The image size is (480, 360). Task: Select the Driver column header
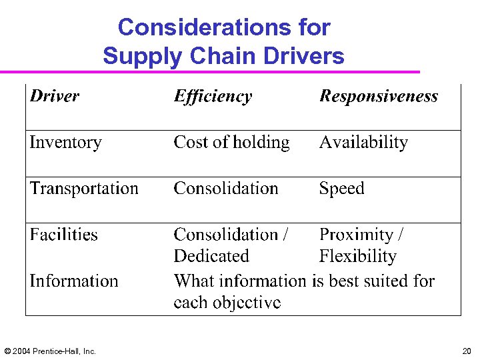click(55, 96)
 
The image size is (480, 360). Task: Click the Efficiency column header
click(213, 97)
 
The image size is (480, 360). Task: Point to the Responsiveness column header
click(379, 96)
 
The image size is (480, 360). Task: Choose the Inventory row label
click(65, 142)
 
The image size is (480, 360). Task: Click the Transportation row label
click(84, 189)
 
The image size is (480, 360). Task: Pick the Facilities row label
click(63, 235)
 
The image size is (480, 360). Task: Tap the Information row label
click(73, 281)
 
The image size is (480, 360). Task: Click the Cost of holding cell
click(231, 142)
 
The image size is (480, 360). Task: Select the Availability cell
click(363, 142)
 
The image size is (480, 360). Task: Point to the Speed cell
click(341, 189)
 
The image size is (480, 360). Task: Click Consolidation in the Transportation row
click(226, 189)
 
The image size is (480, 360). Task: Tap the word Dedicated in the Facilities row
click(211, 256)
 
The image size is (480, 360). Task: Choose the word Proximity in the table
click(356, 235)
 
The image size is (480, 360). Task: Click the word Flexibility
click(357, 256)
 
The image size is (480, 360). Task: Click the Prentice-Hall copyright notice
click(50, 351)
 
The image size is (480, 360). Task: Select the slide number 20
click(466, 351)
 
